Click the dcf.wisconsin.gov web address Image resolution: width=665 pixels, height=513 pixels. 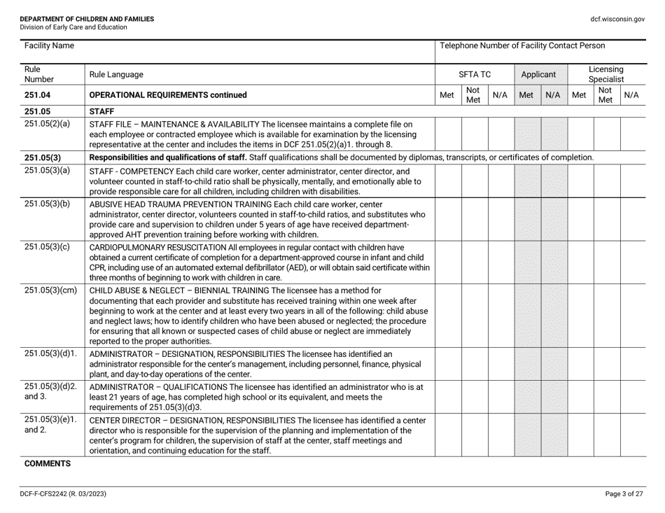[x=617, y=19]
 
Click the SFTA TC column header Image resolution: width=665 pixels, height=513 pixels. [x=475, y=73]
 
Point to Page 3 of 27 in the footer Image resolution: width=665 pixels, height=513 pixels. [x=624, y=494]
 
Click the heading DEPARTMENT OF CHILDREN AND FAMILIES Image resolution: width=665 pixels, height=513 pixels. [x=87, y=18]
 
